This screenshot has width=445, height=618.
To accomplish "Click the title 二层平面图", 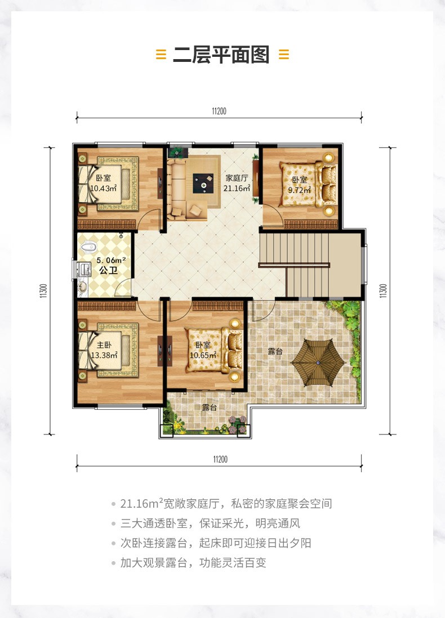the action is (221, 55).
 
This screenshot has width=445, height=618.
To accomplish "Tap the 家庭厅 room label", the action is (237, 178).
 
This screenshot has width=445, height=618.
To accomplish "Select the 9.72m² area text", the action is (300, 190).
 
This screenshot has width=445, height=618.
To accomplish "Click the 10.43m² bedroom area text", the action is (103, 189).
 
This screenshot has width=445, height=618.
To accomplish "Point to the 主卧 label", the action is (104, 345).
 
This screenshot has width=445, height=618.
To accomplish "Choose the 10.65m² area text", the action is (203, 355).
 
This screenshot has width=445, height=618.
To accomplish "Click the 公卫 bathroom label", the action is (109, 270).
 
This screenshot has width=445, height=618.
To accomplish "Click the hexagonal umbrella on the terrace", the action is (318, 362).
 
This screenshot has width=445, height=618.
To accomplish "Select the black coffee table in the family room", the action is (203, 183).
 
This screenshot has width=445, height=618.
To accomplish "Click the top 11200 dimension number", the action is (219, 111).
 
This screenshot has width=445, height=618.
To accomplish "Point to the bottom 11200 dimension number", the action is (220, 459).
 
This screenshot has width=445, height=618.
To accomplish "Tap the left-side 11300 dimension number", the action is (43, 290).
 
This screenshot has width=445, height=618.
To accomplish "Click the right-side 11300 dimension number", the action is (383, 290).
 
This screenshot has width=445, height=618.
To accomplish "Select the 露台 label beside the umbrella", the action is (275, 351).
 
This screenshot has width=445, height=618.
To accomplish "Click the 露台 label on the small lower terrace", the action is (210, 407).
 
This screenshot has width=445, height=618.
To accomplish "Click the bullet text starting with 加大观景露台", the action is (193, 562).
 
